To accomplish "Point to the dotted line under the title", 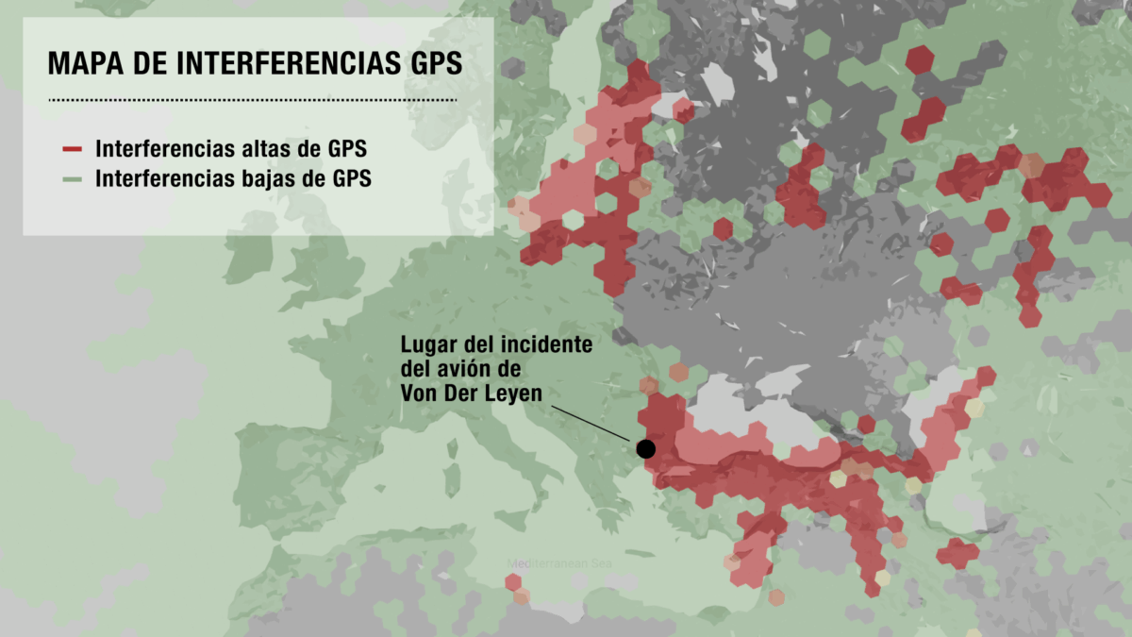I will click(252, 99).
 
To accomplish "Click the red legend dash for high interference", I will click(73, 149).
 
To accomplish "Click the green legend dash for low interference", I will click(73, 178).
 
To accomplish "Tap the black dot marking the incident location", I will click(646, 449).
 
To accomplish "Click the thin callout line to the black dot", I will click(594, 422).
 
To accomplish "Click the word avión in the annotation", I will click(488, 370).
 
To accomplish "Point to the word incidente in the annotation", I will click(547, 345).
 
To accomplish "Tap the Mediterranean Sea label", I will click(559, 563).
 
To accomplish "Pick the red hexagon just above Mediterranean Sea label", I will click(513, 582).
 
